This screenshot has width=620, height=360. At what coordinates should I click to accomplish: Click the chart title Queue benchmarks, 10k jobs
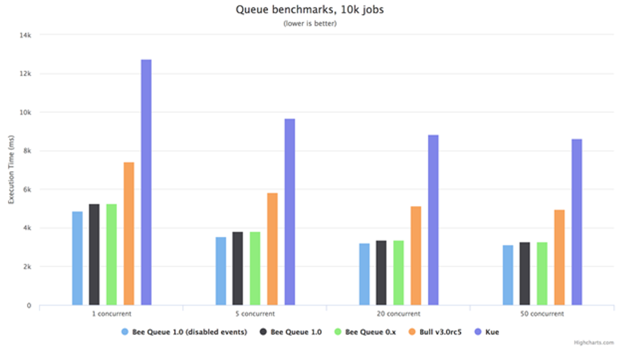(x=310, y=9)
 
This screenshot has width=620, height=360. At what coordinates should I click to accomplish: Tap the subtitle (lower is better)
(x=310, y=24)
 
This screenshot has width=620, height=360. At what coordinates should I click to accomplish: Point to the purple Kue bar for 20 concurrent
(x=433, y=220)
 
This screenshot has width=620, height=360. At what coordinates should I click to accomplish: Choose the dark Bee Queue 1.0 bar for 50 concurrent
(x=524, y=273)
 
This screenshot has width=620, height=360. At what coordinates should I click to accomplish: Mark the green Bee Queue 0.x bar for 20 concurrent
(x=398, y=272)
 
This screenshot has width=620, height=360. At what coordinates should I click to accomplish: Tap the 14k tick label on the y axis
(x=26, y=35)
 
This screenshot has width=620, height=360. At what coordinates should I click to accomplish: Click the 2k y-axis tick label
(x=27, y=267)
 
